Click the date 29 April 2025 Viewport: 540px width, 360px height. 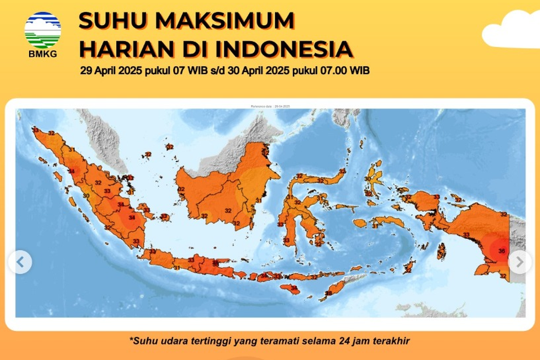tap(112, 71)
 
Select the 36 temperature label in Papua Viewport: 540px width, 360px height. tap(502, 251)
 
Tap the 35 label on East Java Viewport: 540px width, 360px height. tap(216, 263)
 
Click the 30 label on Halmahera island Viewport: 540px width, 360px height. tap(367, 179)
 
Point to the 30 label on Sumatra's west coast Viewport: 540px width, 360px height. tap(86, 196)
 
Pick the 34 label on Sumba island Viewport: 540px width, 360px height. tap(294, 288)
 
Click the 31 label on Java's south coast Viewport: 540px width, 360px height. tap(177, 268)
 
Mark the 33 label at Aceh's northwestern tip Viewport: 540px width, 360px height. tap(36, 130)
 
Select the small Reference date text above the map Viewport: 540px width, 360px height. tap(270, 106)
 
